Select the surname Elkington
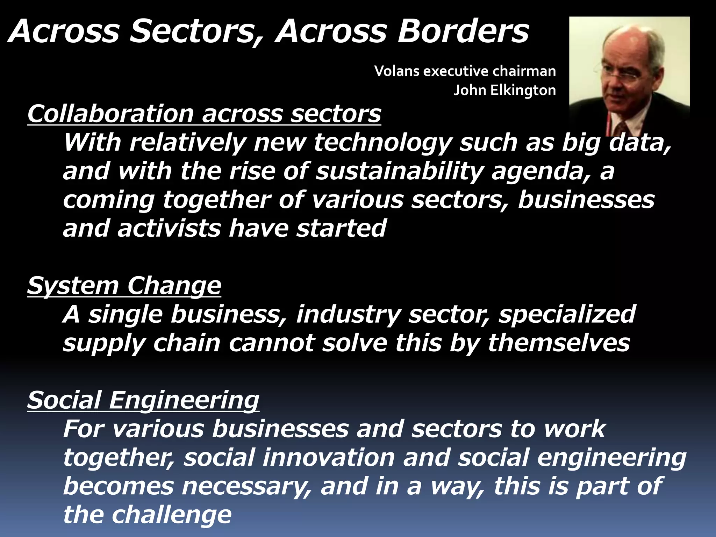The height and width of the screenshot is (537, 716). pyautogui.click(x=523, y=90)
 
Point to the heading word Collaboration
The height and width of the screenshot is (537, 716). pyautogui.click(x=110, y=114)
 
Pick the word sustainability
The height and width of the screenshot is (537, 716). pyautogui.click(x=399, y=171)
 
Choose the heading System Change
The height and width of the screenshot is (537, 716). pyautogui.click(x=124, y=286)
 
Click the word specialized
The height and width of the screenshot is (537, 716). pyautogui.click(x=567, y=314)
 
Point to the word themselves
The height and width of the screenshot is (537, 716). pyautogui.click(x=559, y=343)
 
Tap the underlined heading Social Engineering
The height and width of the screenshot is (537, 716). pyautogui.click(x=143, y=400)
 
